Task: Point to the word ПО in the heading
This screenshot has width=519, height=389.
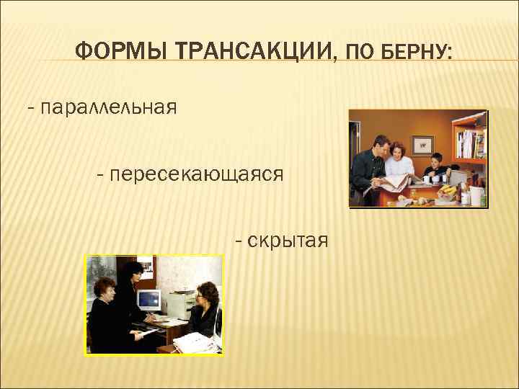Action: pyautogui.click(x=358, y=52)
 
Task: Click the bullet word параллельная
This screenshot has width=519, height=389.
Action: pyautogui.click(x=109, y=108)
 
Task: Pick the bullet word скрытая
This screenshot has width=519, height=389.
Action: pyautogui.click(x=288, y=239)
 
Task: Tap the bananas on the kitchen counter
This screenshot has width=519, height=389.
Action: pyautogui.click(x=449, y=190)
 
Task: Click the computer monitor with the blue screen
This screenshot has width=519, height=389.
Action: pyautogui.click(x=149, y=300)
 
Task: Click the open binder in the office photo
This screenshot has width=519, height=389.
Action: pyautogui.click(x=193, y=342)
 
